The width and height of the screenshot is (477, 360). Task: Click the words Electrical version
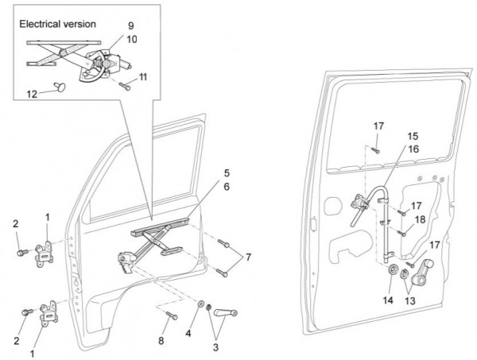click(x=57, y=24)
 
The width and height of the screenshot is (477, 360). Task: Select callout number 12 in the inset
click(x=31, y=93)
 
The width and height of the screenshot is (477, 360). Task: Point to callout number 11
click(x=143, y=76)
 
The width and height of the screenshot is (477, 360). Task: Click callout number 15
click(x=413, y=136)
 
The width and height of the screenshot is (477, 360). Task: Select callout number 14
click(x=389, y=300)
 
